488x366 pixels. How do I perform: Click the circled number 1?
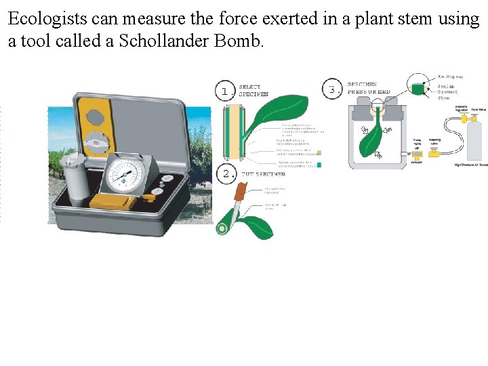[225, 90]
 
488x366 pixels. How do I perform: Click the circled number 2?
[226, 174]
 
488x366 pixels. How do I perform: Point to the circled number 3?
[332, 89]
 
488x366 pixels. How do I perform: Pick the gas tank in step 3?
[474, 139]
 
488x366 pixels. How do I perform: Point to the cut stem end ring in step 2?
[222, 228]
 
